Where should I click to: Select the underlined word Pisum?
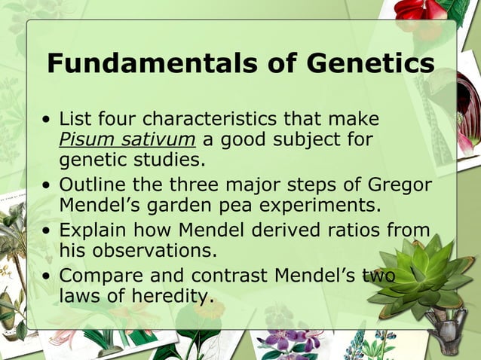point(80,139)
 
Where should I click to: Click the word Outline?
point(93,185)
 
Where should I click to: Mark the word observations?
point(155,250)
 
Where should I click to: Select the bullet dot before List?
point(47,121)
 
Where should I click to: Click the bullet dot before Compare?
point(47,276)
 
